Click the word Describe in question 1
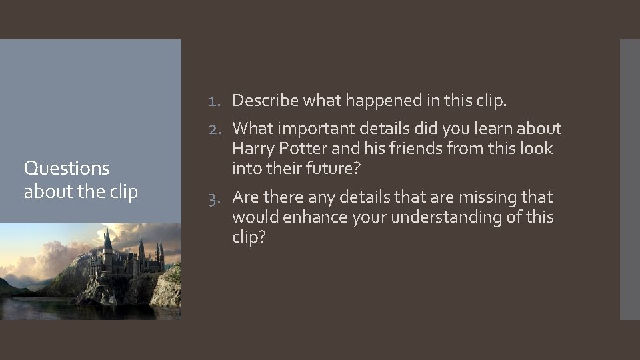click(x=265, y=101)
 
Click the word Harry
click(x=251, y=148)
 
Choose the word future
click(x=337, y=169)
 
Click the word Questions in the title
click(x=66, y=168)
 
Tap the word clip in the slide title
click(x=125, y=192)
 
